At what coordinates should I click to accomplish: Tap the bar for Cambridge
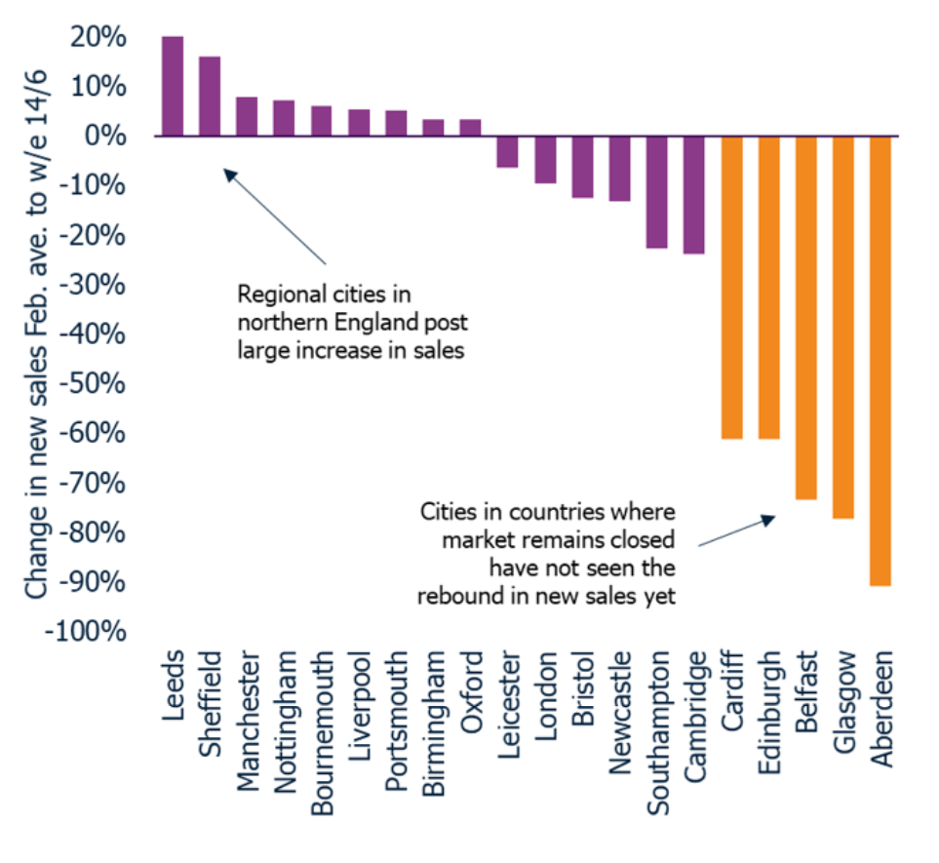pos(694,194)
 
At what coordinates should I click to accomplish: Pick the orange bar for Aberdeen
pos(880,360)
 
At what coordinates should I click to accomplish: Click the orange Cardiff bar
pos(731,287)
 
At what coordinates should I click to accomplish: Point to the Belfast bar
pos(806,317)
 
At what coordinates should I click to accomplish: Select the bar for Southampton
pos(657,191)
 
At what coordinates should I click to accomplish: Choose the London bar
pos(545,159)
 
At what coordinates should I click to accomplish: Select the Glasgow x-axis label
pos(843,699)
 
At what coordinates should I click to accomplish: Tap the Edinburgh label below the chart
pos(769,705)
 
